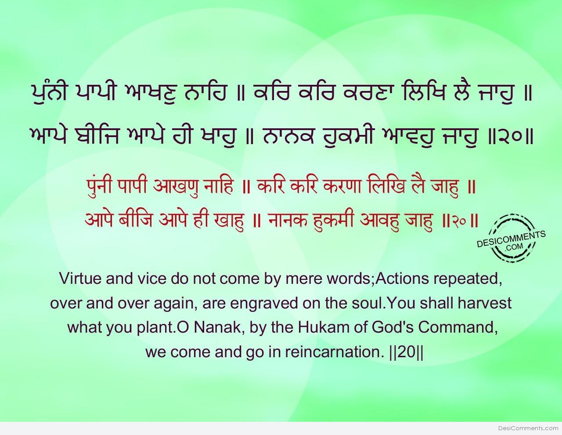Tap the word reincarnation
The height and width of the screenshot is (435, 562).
point(334,352)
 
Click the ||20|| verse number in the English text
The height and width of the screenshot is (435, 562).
point(406,352)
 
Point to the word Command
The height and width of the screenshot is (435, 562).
point(458,328)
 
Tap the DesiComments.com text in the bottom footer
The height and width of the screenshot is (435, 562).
point(528,428)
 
